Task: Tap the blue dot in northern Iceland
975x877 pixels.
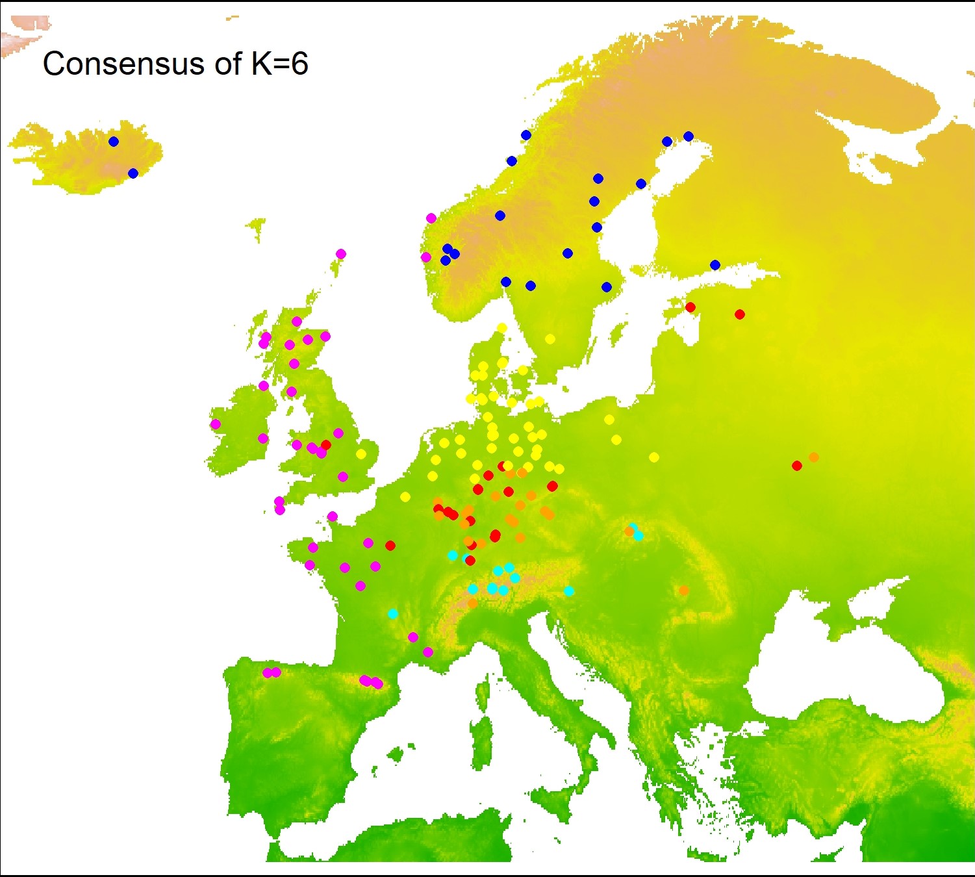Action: [114, 142]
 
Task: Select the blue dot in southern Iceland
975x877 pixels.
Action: [133, 173]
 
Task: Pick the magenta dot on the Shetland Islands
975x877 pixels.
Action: [341, 254]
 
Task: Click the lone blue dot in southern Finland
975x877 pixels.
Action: [715, 265]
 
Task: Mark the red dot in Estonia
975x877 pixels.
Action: [690, 307]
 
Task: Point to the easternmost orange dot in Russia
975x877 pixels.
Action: [814, 457]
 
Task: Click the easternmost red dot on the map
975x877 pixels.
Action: [797, 466]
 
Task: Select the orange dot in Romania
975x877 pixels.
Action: [684, 591]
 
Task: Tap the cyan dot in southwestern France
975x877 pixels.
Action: [393, 614]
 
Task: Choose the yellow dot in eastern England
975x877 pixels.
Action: [361, 453]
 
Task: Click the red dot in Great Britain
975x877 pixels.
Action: [326, 445]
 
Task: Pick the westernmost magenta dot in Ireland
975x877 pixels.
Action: [216, 424]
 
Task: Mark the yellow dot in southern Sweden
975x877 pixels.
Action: [550, 339]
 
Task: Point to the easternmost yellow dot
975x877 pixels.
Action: [654, 457]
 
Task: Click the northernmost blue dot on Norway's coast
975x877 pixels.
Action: [526, 135]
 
